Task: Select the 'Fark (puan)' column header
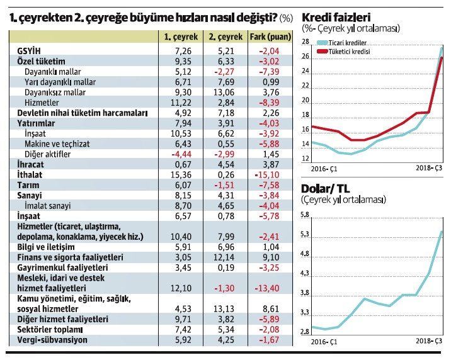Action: [269, 37]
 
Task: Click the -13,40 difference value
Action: [273, 288]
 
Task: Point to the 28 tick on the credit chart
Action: [305, 42]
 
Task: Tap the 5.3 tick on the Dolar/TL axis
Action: [305, 235]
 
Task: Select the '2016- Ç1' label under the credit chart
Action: [325, 169]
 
